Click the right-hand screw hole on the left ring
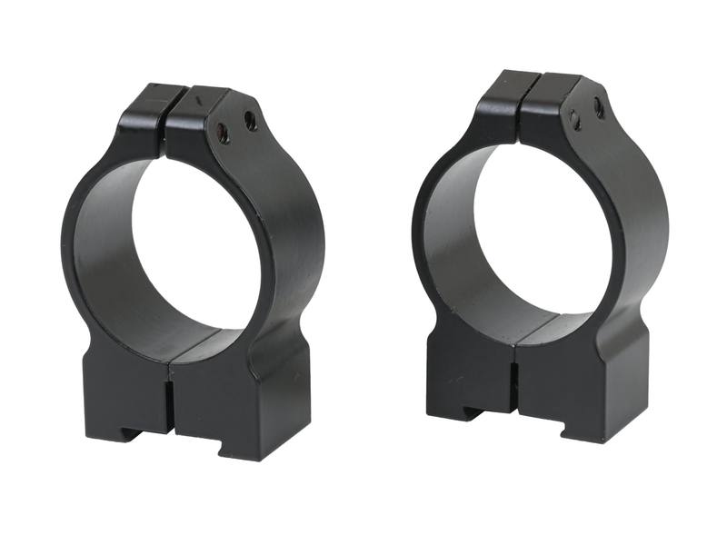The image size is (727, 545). (x=251, y=122)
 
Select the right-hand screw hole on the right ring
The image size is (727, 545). (x=599, y=107)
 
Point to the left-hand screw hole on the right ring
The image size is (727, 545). (x=574, y=119)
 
